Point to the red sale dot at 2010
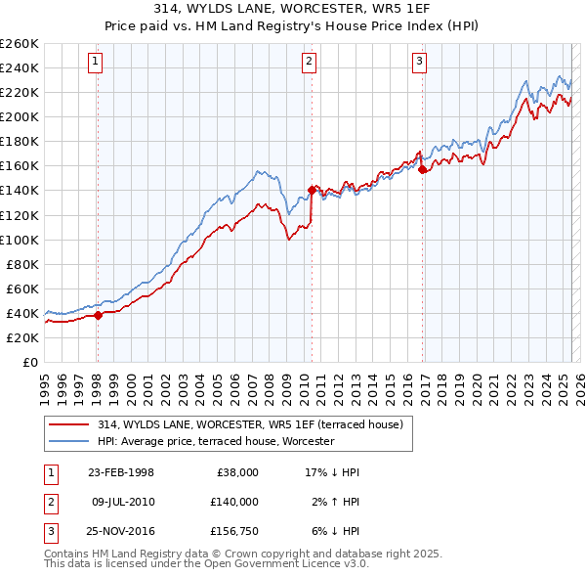click(312, 190)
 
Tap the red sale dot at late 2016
click(422, 169)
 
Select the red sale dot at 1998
click(98, 315)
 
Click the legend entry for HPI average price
click(216, 441)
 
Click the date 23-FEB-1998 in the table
click(121, 472)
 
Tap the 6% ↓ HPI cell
click(333, 531)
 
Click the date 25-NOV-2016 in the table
click(121, 531)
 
